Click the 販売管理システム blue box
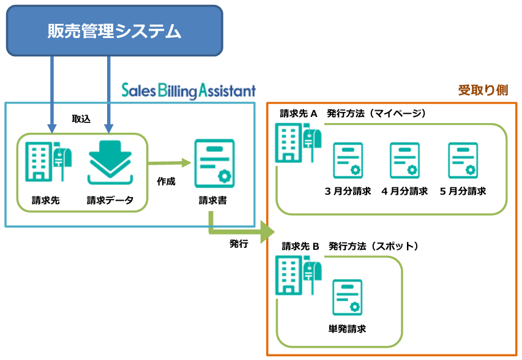tap(114, 31)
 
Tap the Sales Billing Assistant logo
tap(188, 91)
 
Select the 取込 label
tap(81, 119)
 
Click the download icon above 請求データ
tap(110, 162)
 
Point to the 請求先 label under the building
tap(46, 200)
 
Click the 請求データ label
tap(110, 200)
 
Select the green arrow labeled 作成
tap(170, 163)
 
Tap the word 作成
tap(166, 181)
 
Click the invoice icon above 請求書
tap(215, 163)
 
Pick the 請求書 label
tap(213, 200)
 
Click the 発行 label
tap(239, 244)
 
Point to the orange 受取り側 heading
tap(483, 90)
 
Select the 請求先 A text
tap(299, 113)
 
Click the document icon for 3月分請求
tap(348, 160)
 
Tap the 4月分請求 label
tap(405, 191)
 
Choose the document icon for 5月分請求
tap(463, 160)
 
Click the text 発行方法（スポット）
tap(373, 246)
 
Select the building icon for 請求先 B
tap(298, 275)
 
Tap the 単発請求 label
tap(347, 329)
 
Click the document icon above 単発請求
tap(348, 298)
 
